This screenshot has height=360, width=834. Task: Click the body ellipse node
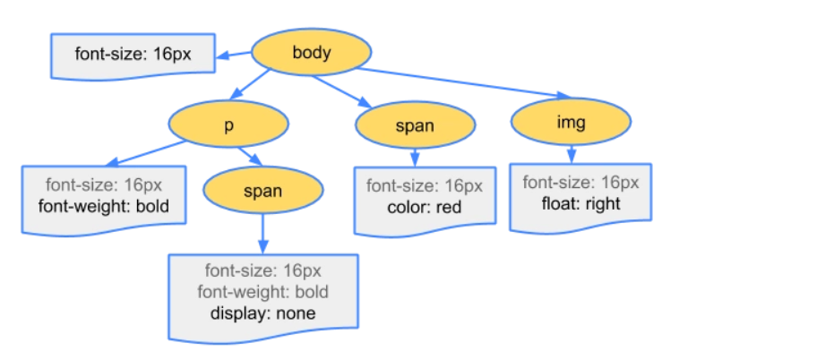coord(311,53)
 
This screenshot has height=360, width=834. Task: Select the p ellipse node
coord(228,124)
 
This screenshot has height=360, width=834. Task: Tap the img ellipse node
coord(571,122)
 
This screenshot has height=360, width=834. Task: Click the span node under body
coord(416,125)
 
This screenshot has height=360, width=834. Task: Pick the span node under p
coord(263,190)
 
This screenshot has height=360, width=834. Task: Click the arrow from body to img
coord(464,82)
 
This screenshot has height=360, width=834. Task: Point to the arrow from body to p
coord(251,84)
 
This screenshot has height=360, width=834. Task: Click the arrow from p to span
coord(251,157)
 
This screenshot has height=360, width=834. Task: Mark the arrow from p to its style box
coord(146,154)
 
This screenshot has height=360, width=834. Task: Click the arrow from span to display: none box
coord(262,234)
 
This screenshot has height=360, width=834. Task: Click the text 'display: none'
coord(262,313)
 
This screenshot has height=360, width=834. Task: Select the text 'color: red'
coord(425,206)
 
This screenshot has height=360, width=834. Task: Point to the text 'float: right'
coord(580,203)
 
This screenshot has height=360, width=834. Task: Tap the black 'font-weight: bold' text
coord(104,206)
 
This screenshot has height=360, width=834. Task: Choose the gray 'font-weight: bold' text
coord(262,291)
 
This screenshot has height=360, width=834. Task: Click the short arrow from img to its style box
coord(572,154)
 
